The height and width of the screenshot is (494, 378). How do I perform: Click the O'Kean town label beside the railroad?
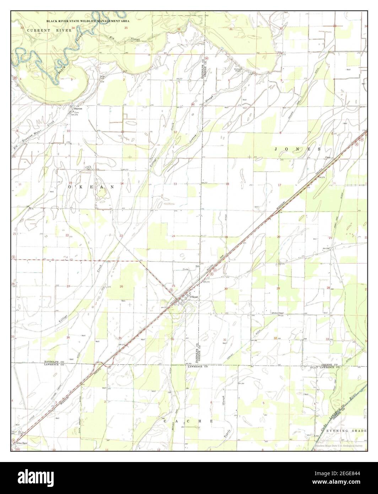[194, 297]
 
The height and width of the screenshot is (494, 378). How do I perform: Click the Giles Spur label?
[22, 444]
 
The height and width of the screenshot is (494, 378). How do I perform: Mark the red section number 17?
[279, 185]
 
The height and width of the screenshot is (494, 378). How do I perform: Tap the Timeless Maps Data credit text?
[340, 446]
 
